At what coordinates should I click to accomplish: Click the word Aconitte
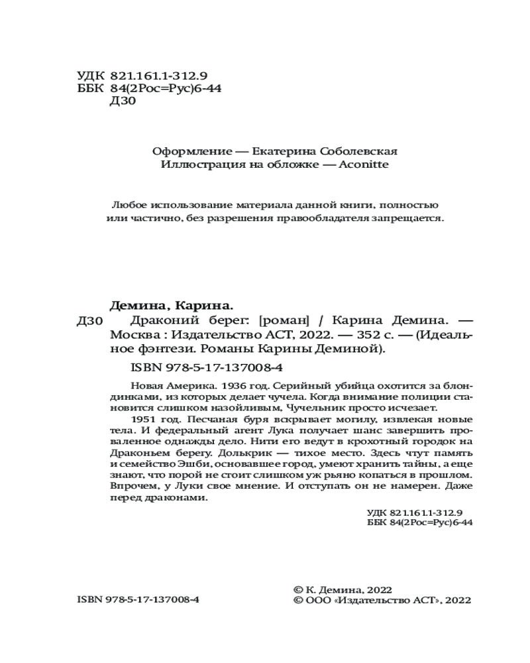366,165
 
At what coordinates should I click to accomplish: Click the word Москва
130,334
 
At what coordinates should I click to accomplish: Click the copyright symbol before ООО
297,600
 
